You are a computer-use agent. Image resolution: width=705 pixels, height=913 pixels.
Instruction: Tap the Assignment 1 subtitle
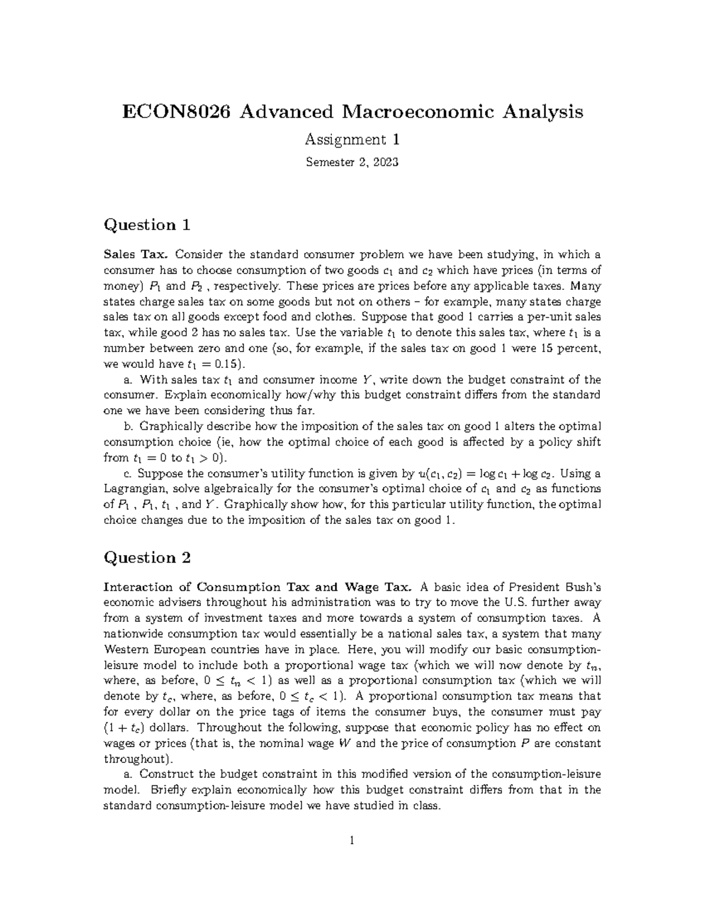pyautogui.click(x=352, y=140)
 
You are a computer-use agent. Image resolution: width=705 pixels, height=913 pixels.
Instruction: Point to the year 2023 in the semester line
pyautogui.click(x=385, y=162)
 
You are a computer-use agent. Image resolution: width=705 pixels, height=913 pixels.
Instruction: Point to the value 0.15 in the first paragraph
pyautogui.click(x=217, y=364)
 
